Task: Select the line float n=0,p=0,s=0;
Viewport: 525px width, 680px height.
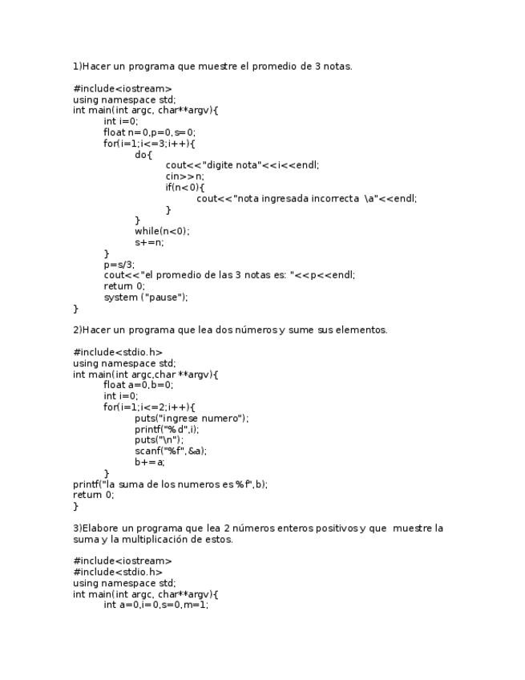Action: (149, 132)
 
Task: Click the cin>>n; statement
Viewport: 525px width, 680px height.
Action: (185, 176)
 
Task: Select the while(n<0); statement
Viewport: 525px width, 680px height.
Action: (162, 232)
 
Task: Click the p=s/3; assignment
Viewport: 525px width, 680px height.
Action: (119, 265)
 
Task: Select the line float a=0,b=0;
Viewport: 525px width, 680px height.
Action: (138, 385)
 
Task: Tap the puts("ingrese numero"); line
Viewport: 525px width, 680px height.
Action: (192, 419)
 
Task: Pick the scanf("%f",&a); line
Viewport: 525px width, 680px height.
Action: (171, 451)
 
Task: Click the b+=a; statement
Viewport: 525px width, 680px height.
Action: (150, 462)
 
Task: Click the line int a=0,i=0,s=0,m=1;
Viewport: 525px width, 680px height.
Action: (155, 605)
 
